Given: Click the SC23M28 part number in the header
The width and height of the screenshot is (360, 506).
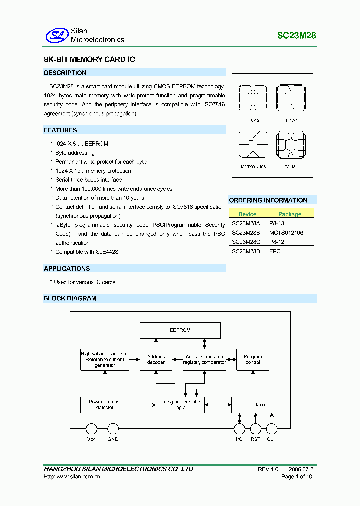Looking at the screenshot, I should [x=297, y=36].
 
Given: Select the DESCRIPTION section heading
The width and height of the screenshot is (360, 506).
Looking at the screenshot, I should [x=65, y=73].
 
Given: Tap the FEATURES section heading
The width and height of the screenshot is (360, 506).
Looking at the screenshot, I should [x=60, y=130].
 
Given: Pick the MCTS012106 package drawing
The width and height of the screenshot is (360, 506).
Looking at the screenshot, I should [x=253, y=145].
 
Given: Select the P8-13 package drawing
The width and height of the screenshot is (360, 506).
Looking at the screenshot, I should [x=291, y=145].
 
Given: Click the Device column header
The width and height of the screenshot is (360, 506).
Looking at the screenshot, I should [x=247, y=214].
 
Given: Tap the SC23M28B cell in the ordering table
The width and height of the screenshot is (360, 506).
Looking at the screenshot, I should [x=246, y=233].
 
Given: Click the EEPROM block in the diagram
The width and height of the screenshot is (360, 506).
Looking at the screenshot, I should [x=180, y=330].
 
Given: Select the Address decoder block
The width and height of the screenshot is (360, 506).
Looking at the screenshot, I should [x=156, y=359].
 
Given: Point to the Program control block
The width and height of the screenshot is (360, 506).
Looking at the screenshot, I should [x=253, y=359].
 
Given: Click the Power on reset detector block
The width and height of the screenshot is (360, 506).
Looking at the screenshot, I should [x=105, y=404].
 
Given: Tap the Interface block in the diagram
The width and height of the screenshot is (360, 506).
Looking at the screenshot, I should [x=256, y=404].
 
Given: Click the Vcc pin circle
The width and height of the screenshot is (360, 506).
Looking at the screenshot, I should [x=91, y=428].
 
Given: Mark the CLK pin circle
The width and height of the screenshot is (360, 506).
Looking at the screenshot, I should [x=271, y=428].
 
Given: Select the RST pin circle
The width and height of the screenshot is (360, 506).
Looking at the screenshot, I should [x=256, y=428].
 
